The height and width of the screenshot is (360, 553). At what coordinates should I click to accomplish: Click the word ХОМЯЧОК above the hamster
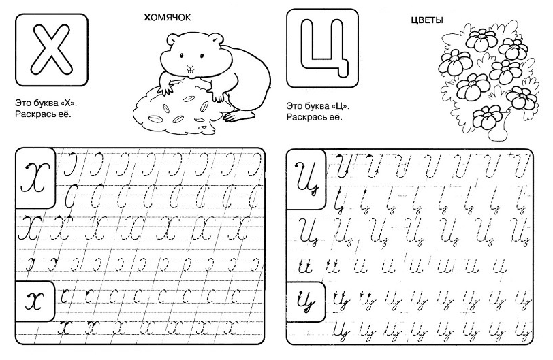(168, 17)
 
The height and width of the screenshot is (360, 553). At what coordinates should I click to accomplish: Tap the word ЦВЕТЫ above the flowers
(427, 20)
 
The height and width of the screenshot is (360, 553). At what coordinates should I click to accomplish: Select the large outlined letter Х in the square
(52, 50)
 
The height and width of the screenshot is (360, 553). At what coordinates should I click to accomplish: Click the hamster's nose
(191, 66)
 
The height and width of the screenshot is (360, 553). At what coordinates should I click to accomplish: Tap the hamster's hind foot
(239, 115)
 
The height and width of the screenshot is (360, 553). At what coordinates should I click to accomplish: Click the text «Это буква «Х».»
(46, 103)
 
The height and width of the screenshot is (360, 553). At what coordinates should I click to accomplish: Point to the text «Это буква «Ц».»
(318, 106)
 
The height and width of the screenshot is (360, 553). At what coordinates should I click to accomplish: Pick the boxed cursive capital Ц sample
(306, 179)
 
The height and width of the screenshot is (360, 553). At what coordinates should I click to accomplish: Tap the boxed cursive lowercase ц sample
(306, 301)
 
